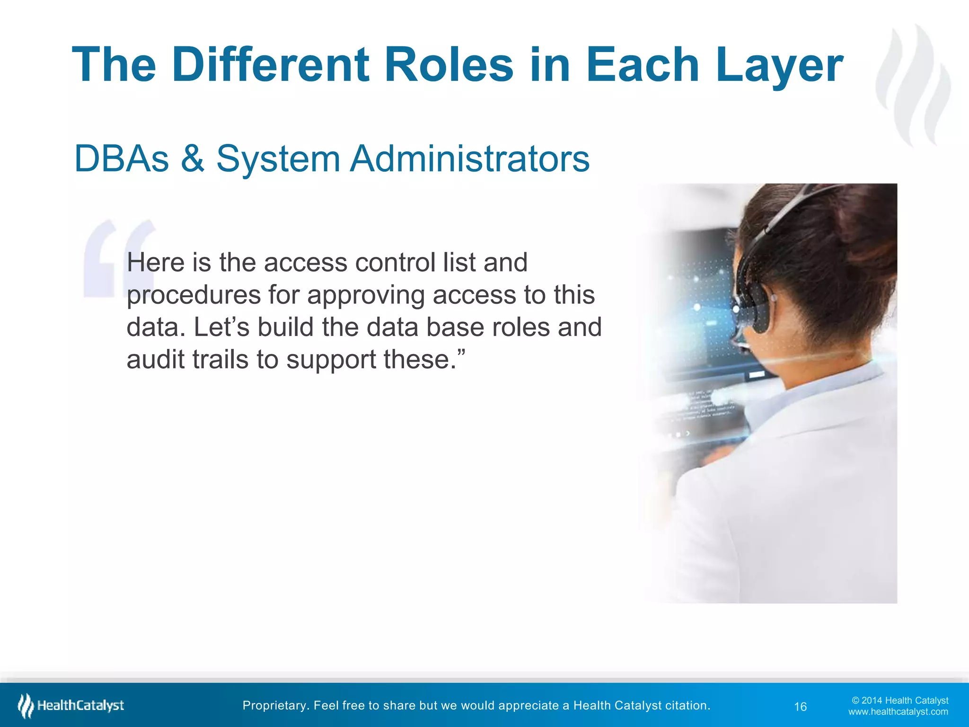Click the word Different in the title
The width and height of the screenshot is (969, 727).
pos(270,65)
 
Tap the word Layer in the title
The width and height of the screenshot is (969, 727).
pos(779,65)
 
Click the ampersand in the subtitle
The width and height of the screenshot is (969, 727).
pos(192,159)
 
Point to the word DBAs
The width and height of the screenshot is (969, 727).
pos(122,159)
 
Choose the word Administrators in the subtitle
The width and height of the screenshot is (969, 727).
pos(469,159)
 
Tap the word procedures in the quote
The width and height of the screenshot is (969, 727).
pos(194,295)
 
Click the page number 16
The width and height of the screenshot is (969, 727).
pos(800,707)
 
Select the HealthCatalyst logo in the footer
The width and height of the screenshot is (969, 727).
pos(71,706)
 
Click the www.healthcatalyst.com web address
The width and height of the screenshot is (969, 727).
pos(898,712)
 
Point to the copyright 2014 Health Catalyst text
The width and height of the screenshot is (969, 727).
pos(900,700)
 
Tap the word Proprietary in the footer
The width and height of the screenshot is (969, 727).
pos(274,706)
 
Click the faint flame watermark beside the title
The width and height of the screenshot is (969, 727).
pos(913,85)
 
